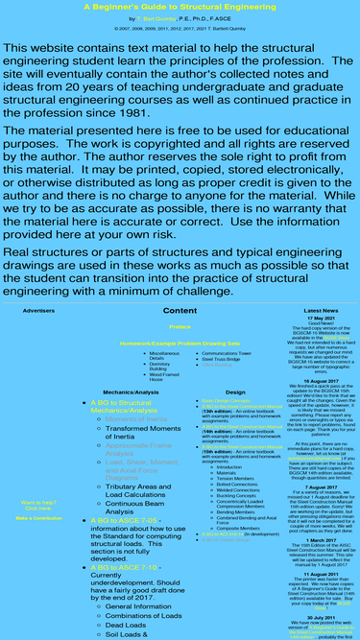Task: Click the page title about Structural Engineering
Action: [x=180, y=6]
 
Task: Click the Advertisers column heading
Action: [x=38, y=312]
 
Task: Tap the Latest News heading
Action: [x=321, y=312]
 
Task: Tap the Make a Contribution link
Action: [x=38, y=518]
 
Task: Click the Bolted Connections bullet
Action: [x=236, y=485]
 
